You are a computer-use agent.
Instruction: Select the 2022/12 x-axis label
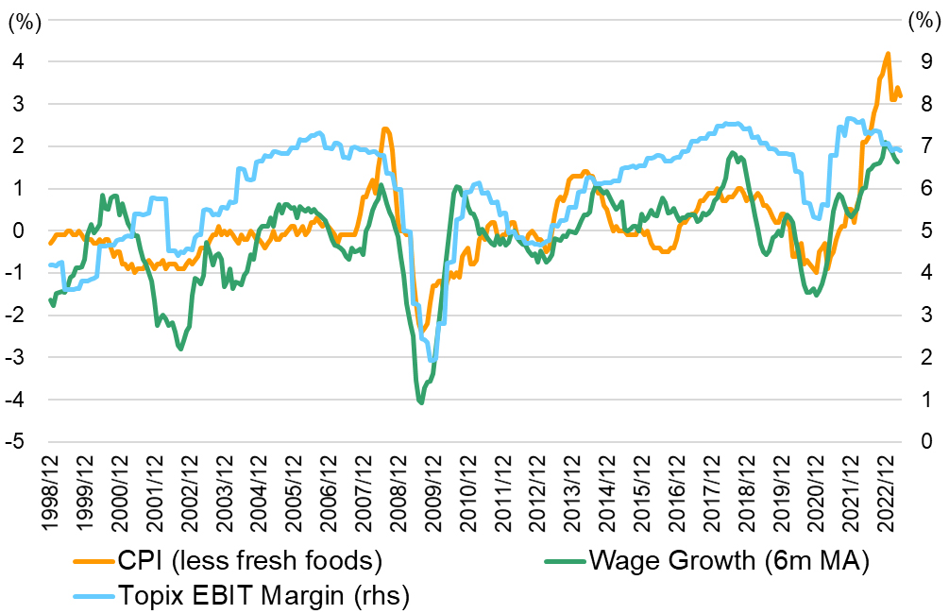(x=890, y=491)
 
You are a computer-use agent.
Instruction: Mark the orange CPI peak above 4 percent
(x=887, y=54)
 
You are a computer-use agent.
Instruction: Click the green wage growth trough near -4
(x=420, y=403)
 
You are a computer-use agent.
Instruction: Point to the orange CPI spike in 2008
(x=385, y=129)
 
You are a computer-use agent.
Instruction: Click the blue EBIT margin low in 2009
(x=432, y=360)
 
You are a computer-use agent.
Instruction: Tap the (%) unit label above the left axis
(x=21, y=21)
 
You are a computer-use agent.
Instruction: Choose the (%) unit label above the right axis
(x=922, y=21)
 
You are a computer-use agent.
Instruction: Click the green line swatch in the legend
(x=563, y=561)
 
